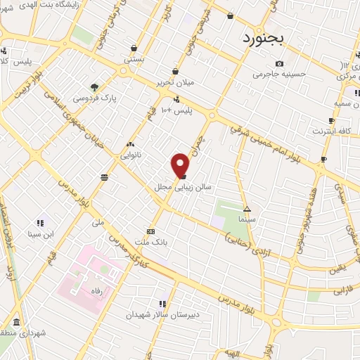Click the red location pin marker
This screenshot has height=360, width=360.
pyautogui.click(x=180, y=165)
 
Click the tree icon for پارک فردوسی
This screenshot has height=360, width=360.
pyautogui.click(x=94, y=86)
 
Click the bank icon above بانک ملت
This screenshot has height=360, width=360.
pyautogui.click(x=150, y=231)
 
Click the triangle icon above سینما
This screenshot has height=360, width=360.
pyautogui.click(x=247, y=209)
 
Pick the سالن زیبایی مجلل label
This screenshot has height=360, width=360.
pyautogui.click(x=178, y=188)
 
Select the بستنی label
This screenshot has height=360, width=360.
pyautogui.click(x=134, y=60)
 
